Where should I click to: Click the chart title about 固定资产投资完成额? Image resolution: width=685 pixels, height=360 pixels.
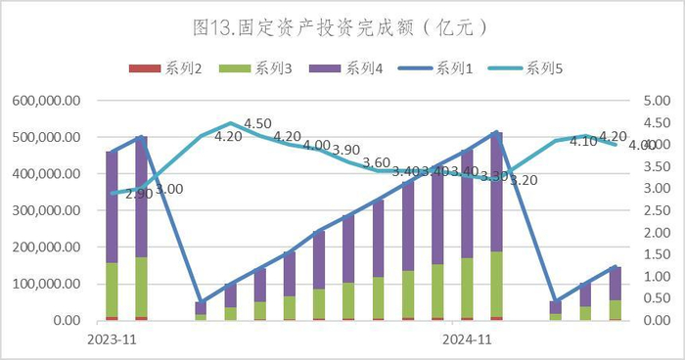pos(342,22)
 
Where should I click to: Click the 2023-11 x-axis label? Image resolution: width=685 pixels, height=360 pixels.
pos(112,338)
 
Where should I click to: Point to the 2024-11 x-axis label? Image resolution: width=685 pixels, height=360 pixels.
pos(466,338)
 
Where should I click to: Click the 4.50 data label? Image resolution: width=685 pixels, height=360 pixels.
pos(257,123)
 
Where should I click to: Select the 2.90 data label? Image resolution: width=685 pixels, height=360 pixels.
pos(139,195)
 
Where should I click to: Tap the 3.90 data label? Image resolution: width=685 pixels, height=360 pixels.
pos(345,150)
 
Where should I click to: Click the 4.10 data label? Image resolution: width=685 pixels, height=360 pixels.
pos(583,141)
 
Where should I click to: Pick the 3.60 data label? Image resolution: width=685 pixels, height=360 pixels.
pos(376,162)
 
